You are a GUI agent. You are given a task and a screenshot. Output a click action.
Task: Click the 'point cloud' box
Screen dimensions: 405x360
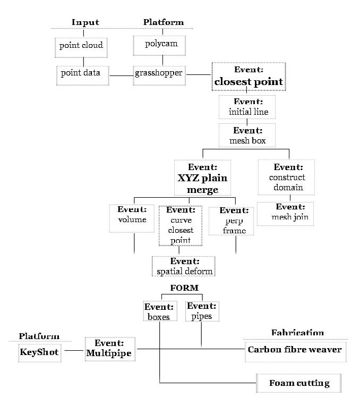(x=82, y=46)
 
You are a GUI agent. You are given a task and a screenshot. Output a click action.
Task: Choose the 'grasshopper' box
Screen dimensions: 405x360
(x=159, y=73)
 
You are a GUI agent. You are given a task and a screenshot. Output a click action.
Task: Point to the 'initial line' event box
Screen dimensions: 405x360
(x=247, y=107)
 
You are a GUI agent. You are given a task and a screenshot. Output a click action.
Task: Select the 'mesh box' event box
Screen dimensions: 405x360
(x=247, y=136)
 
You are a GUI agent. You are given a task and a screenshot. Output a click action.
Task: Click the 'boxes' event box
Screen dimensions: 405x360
(x=159, y=312)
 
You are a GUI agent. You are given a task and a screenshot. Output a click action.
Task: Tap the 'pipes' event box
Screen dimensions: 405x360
(x=202, y=311)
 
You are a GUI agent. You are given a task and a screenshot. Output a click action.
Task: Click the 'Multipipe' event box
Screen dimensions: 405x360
(x=108, y=348)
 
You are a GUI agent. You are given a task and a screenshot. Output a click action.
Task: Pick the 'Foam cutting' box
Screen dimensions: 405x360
(x=299, y=383)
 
